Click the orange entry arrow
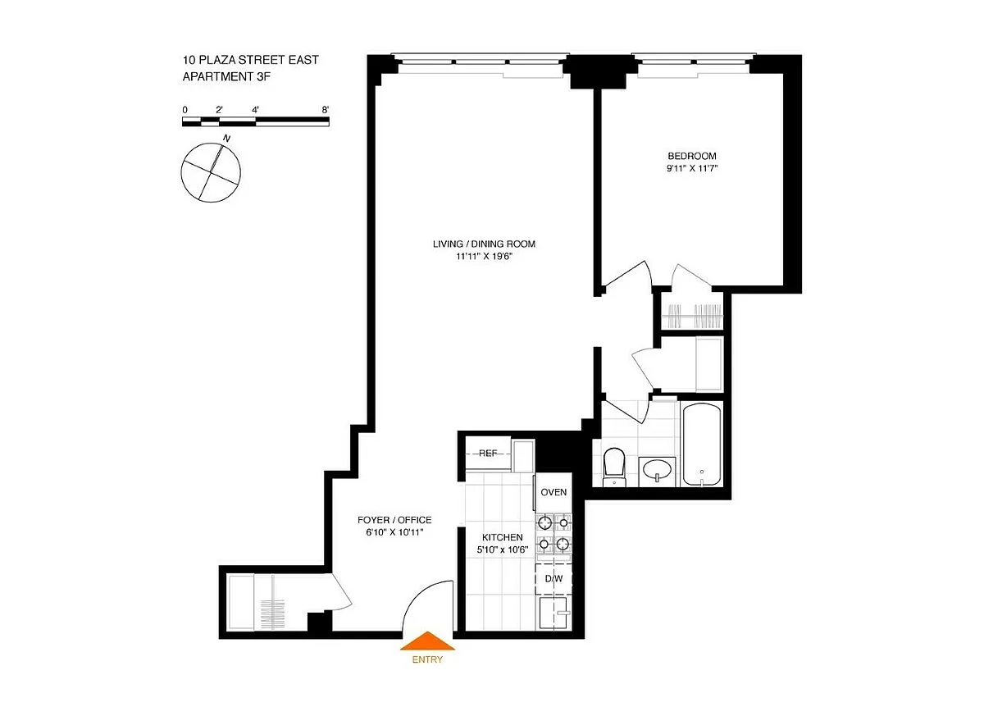point(427,641)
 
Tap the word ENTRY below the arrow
point(427,659)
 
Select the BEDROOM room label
point(692,156)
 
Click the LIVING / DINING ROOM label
point(484,244)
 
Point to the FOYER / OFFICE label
point(394,520)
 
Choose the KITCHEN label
point(503,537)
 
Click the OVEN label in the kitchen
point(553,492)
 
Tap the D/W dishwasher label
point(553,578)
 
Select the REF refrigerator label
point(488,453)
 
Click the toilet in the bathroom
point(614,467)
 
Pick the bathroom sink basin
point(657,471)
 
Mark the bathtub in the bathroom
point(702,445)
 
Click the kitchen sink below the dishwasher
point(553,613)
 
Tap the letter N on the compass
point(226,139)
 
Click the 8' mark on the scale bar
point(325,110)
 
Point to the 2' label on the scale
point(219,110)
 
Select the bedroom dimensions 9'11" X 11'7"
point(692,168)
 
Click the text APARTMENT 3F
point(226,76)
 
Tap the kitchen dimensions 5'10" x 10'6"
point(503,550)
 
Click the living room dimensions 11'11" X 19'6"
point(484,257)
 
